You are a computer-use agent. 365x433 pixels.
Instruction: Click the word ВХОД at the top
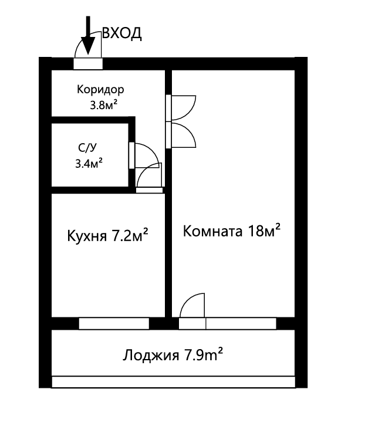[x=122, y=33]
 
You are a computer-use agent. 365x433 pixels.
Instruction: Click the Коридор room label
[x=100, y=90]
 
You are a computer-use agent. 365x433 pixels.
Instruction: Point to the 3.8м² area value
[x=102, y=106]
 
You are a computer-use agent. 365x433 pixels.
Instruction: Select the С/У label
[x=86, y=148]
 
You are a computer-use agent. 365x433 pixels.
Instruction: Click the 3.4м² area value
[x=89, y=163]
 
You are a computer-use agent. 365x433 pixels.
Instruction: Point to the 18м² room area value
[x=263, y=230]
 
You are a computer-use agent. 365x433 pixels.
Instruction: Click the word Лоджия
[x=151, y=356]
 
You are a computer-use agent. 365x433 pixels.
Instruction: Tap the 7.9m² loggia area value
[x=203, y=355]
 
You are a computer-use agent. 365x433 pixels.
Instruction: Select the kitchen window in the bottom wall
[x=114, y=323]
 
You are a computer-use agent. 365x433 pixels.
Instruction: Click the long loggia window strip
[x=173, y=382]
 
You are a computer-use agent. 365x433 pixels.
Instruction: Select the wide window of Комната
[x=241, y=323]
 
